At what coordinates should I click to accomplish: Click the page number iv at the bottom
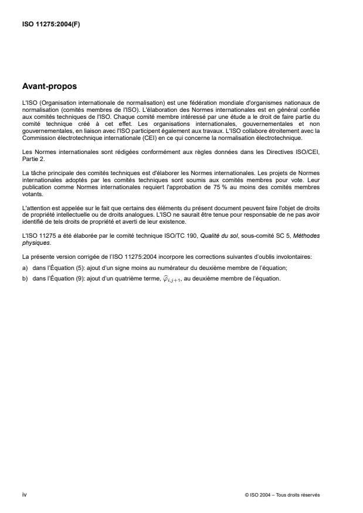23,494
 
